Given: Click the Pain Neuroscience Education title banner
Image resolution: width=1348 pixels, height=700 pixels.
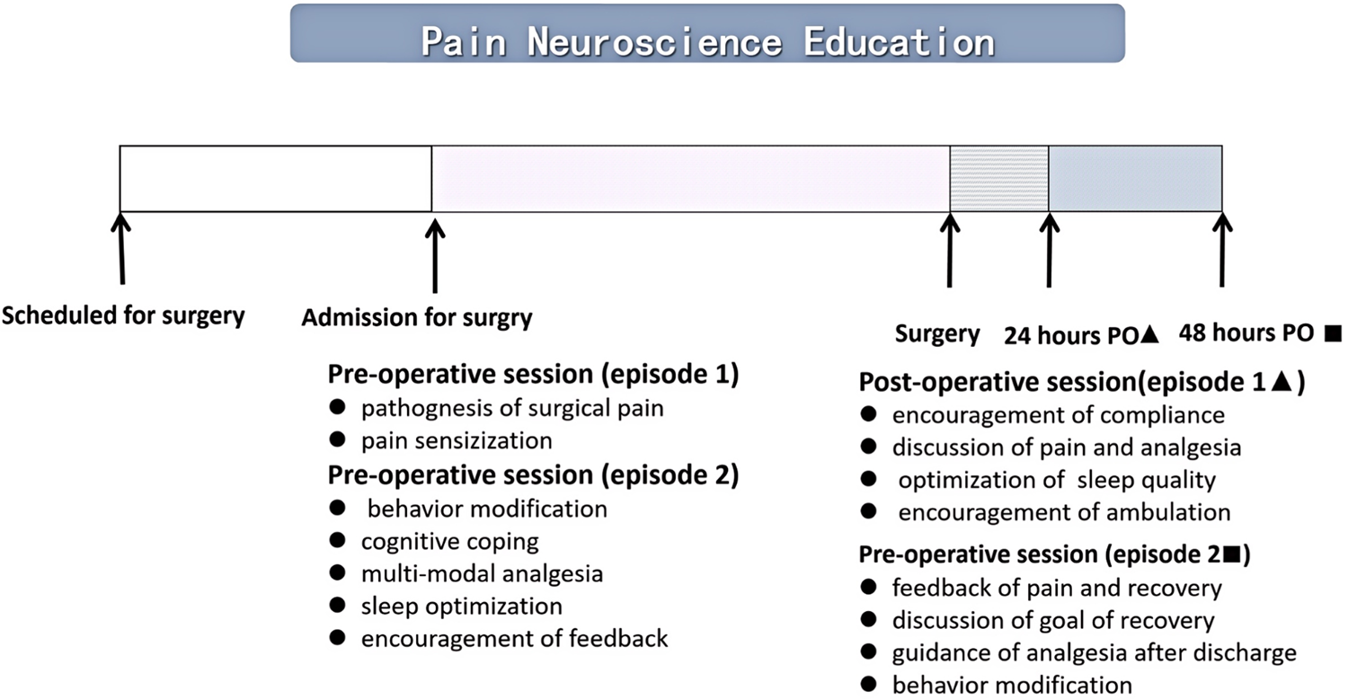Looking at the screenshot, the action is (x=707, y=33).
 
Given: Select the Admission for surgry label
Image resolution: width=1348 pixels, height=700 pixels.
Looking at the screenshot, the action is (x=417, y=318).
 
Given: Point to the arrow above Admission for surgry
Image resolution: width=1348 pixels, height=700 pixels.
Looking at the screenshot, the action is (x=435, y=256).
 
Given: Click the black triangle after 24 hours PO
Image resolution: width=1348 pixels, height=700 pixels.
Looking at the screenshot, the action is (x=1149, y=333).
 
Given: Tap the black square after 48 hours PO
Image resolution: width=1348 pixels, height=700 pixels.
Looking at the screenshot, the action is (x=1333, y=332).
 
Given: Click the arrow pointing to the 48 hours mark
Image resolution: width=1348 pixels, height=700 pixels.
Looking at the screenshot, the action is (x=1222, y=250).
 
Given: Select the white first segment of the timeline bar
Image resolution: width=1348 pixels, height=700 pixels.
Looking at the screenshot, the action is (x=276, y=179).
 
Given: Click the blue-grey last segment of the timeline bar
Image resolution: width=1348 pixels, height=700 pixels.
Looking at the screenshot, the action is (x=1136, y=179).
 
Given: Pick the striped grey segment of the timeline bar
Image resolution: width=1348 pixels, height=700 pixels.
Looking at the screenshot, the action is (x=999, y=179).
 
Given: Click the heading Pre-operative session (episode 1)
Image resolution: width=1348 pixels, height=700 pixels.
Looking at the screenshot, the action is (x=533, y=375).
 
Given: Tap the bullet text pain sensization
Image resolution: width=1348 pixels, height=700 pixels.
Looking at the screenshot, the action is (x=457, y=440).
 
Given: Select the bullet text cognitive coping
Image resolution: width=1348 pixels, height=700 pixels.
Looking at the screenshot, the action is (x=449, y=542).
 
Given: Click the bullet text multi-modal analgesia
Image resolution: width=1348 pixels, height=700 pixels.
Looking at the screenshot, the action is (x=482, y=573).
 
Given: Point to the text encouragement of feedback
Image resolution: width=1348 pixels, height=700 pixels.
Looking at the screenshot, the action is (x=515, y=639).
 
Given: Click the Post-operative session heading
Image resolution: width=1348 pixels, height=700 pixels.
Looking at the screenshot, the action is (x=1082, y=382).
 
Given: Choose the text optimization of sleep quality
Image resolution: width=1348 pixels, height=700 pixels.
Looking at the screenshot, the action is (x=1058, y=481).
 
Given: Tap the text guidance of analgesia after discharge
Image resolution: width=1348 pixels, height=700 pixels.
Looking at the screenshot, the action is (x=1095, y=653).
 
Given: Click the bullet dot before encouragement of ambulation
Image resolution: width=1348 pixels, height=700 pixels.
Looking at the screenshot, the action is (x=868, y=511).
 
